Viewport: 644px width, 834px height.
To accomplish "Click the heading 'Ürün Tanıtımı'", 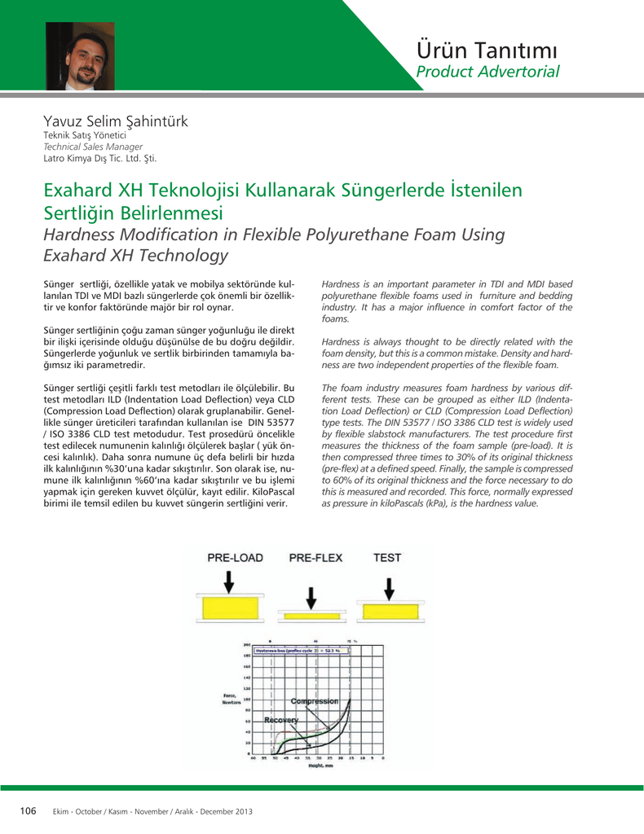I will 487,50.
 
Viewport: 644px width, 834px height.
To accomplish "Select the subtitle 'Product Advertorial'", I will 487,72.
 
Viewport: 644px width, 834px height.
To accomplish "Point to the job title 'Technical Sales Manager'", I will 92,147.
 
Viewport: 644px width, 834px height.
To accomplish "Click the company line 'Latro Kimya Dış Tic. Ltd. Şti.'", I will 99,158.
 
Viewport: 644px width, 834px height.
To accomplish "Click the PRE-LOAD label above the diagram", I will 235,558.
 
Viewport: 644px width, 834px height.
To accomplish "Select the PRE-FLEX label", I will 315,558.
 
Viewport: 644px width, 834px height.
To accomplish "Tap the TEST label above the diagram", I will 387,558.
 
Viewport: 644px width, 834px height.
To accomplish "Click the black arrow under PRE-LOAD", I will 229,582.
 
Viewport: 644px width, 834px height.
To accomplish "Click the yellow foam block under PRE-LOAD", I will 231,608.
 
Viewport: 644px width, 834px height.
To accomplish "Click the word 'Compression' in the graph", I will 315,700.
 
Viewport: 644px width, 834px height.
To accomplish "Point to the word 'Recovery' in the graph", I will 282,720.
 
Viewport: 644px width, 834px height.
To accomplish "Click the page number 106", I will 29,810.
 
